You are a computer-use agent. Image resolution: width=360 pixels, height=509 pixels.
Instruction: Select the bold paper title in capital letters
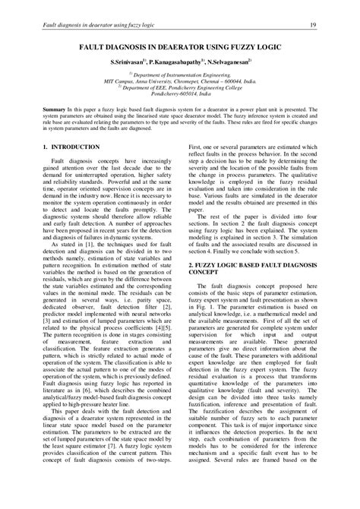[179, 46]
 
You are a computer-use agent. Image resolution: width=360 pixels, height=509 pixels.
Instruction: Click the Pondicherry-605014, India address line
[180, 96]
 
